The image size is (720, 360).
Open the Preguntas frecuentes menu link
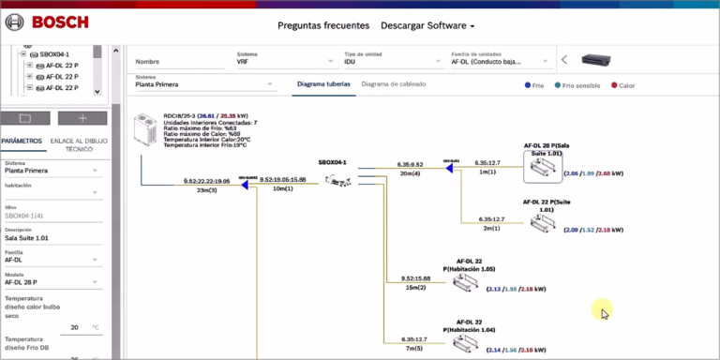pos(323,25)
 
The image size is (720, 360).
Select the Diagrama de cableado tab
pos(393,84)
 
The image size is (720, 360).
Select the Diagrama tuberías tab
pos(323,84)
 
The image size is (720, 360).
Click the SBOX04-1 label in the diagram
pos(332,162)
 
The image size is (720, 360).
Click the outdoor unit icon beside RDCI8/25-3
pos(148,130)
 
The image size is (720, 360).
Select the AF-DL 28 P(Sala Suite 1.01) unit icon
pos(545,170)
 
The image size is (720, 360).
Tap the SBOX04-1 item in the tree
pos(60,55)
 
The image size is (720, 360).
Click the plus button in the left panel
pos(82,118)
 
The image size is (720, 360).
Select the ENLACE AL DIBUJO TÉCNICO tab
pos(79,144)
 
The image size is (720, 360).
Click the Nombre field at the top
pos(178,62)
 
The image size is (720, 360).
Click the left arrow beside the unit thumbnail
pos(564,60)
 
